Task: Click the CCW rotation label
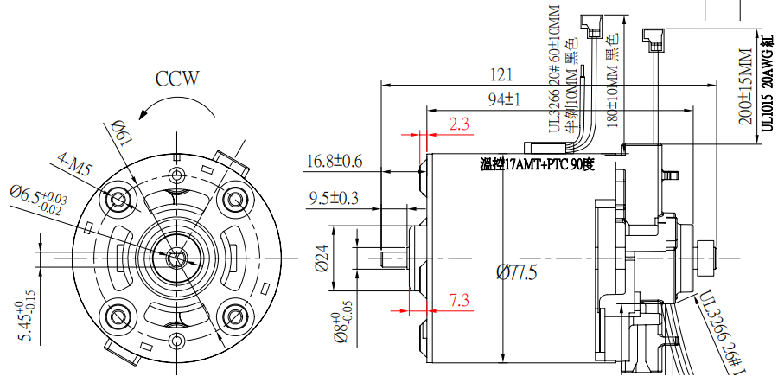(x=177, y=80)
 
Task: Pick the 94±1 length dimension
(x=504, y=99)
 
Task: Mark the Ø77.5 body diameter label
(x=517, y=273)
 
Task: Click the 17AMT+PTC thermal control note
(x=537, y=164)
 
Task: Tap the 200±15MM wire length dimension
(x=745, y=86)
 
